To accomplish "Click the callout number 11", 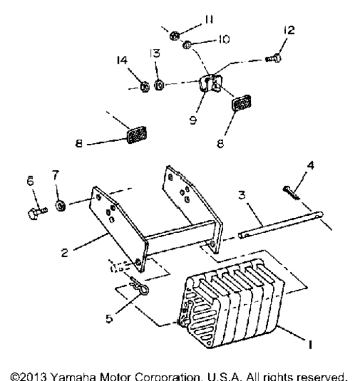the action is point(209,19).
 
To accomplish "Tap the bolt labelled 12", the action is point(274,58).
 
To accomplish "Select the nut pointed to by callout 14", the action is point(145,86).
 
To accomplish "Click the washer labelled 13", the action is point(159,84).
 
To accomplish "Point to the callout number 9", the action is point(193,120).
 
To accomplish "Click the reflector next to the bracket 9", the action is point(242,103).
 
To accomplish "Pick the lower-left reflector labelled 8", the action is point(137,135).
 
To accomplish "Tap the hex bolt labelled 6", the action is point(37,213).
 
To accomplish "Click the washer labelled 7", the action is point(60,205).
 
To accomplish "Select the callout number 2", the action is point(64,252).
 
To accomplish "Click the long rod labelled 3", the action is point(281,225).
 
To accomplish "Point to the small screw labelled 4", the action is point(291,193).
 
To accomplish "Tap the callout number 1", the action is point(310,344).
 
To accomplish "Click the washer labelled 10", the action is point(187,45).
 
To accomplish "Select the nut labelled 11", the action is point(175,36).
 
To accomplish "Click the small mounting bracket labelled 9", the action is point(211,83).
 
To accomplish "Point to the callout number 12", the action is point(289,30).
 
